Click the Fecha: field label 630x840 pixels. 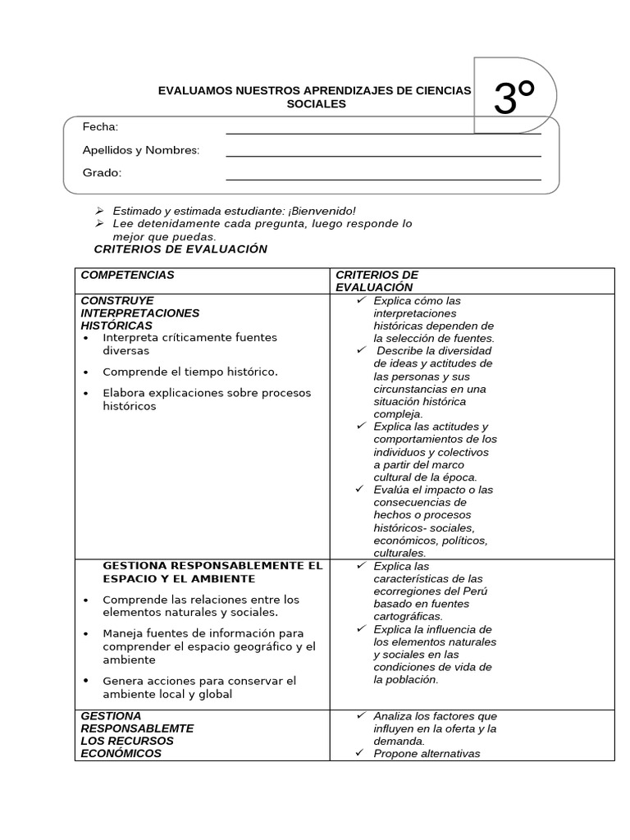(100, 126)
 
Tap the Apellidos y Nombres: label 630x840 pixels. (140, 150)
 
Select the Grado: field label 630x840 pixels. (102, 173)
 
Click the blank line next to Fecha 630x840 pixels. (383, 131)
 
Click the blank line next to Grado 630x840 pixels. (383, 178)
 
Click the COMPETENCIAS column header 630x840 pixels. (127, 276)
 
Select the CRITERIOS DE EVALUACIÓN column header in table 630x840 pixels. (377, 281)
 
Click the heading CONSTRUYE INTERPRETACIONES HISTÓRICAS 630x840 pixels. (139, 313)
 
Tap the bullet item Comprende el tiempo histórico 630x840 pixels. (189, 372)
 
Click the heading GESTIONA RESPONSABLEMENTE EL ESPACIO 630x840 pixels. (212, 573)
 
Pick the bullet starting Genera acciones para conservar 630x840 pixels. (199, 687)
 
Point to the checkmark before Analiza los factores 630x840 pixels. (361, 716)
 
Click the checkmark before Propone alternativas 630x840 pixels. (361, 754)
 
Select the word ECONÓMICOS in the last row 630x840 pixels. (121, 754)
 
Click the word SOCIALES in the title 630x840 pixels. (316, 104)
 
